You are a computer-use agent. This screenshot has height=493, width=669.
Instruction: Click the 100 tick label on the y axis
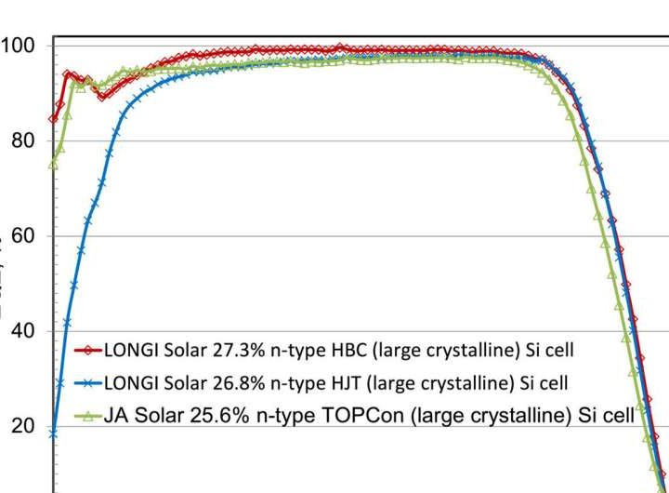18,46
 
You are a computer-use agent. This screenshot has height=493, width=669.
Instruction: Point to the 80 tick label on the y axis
18,141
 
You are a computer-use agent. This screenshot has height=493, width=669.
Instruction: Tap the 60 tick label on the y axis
18,236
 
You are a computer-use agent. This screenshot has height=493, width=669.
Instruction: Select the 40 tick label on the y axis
18,331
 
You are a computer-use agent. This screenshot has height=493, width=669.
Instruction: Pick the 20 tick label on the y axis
18,427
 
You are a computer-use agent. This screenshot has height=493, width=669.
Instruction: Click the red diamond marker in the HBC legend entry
89,351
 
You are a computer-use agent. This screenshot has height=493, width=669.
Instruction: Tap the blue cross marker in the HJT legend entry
89,381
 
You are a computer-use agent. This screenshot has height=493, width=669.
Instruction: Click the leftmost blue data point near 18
53,433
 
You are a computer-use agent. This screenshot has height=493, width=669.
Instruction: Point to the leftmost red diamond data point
53,118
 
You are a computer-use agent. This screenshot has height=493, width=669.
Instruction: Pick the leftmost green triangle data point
53,165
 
